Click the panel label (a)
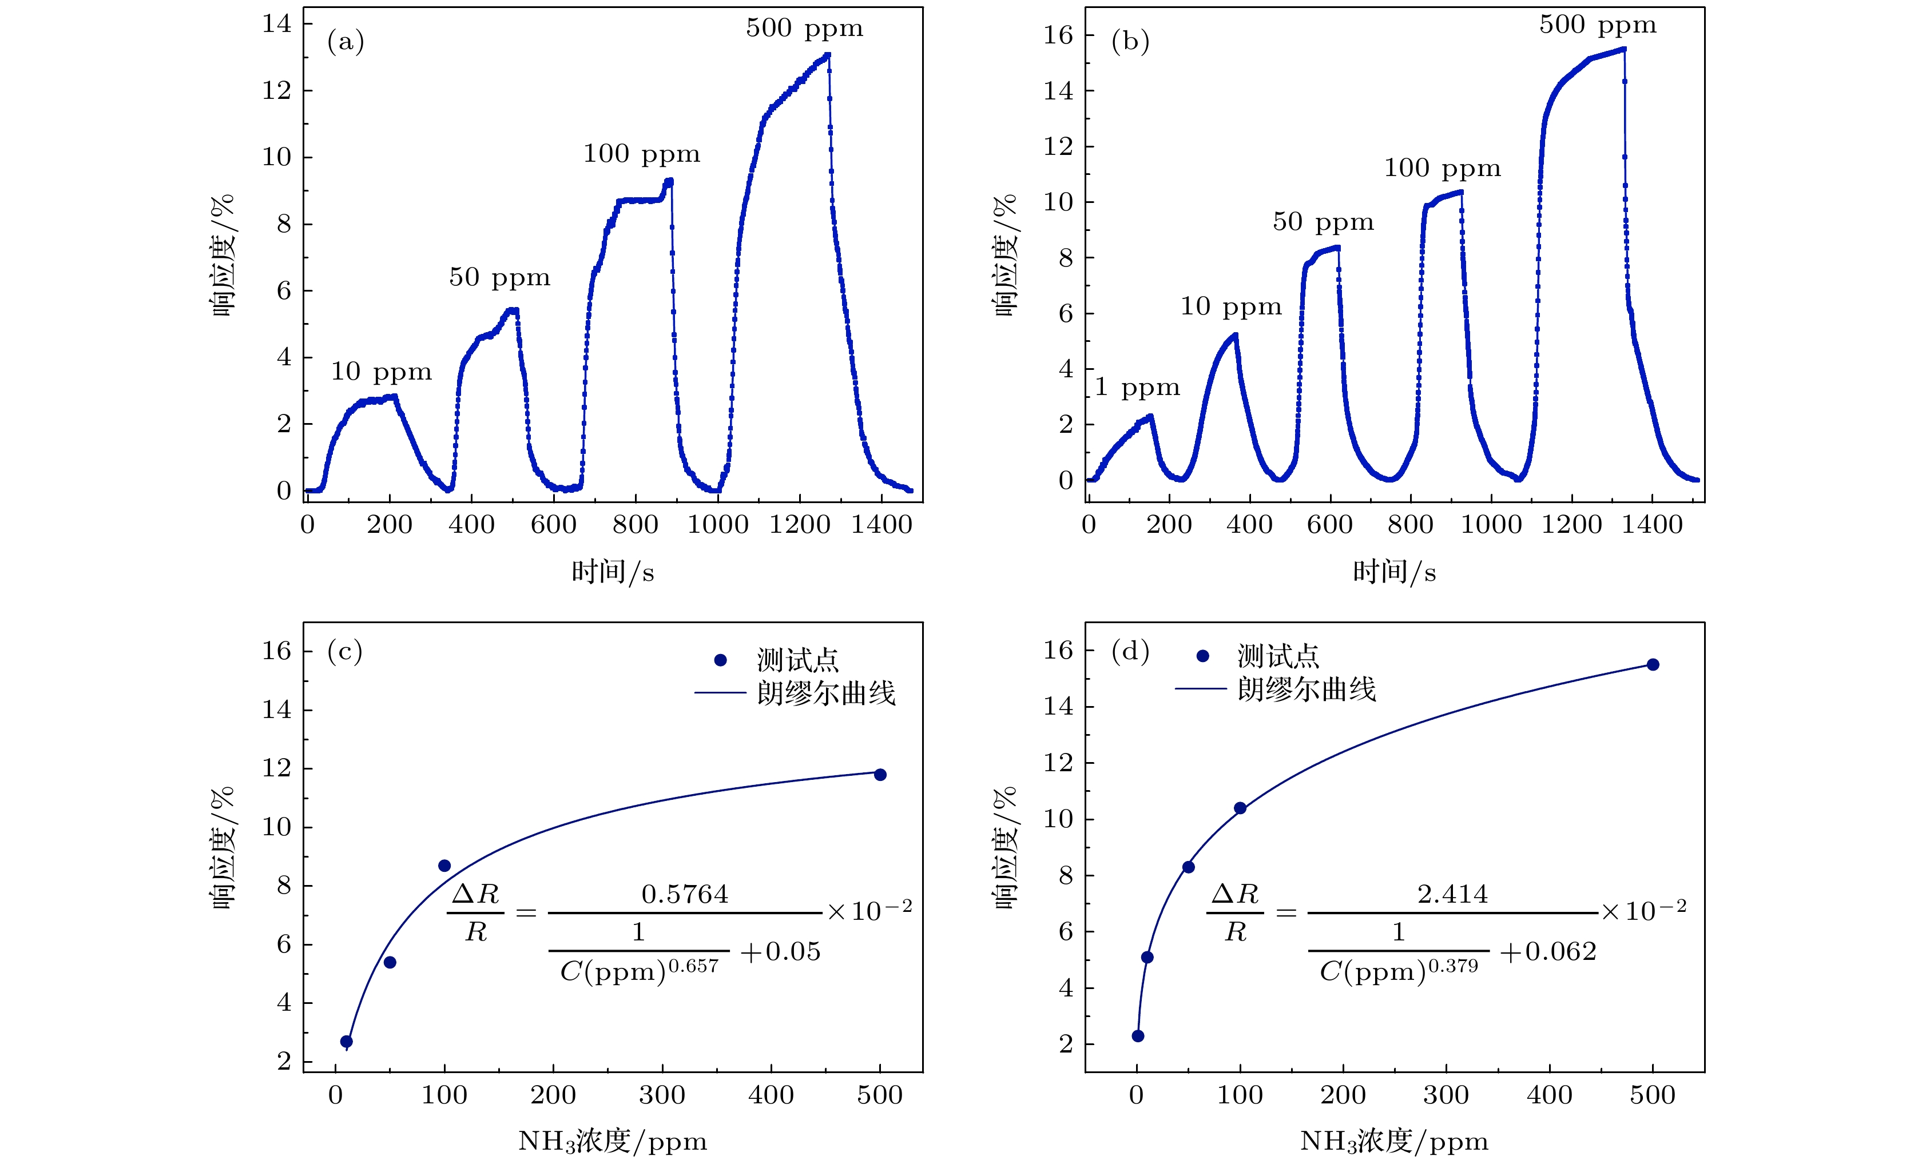346,41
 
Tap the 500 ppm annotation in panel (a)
804,29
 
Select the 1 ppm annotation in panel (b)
1137,386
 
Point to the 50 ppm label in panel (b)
1323,222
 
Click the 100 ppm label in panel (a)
642,154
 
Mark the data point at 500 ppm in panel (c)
880,774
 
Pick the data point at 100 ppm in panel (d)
1240,808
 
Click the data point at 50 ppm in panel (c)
390,962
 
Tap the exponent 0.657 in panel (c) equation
693,966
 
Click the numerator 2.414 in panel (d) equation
1452,895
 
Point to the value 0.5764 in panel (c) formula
684,895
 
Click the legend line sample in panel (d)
1200,689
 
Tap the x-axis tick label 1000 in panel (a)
718,525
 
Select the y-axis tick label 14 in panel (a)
276,24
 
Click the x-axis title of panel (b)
1395,572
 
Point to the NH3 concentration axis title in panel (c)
612,1141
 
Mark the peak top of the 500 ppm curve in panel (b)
1623,50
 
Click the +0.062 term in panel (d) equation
1548,952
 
